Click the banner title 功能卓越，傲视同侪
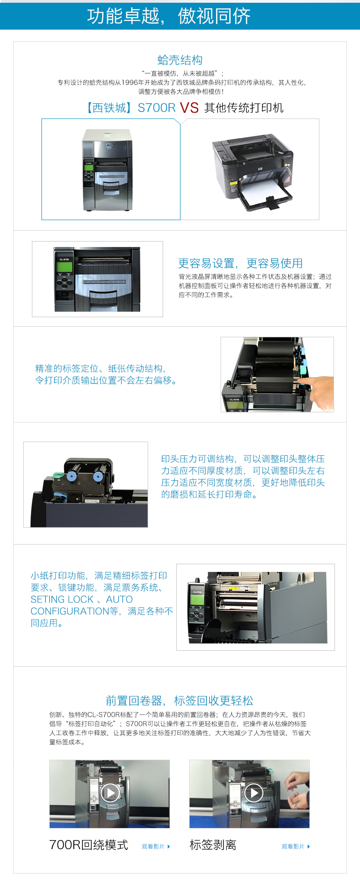coord(169,16)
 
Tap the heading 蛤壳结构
coord(180,60)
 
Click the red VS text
coord(189,108)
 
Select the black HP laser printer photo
coord(253,171)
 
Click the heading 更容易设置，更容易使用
coord(240,263)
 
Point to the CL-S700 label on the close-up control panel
coord(64,259)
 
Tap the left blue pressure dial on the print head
coord(71,477)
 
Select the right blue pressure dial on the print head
coord(98,477)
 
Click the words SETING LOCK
coord(62,599)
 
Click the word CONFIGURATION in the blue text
coord(70,611)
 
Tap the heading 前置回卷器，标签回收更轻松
coord(180,700)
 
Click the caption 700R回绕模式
coord(88,844)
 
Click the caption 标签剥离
coord(213,844)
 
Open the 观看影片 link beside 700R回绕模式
coord(156,846)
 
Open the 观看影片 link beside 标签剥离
coord(296,846)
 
